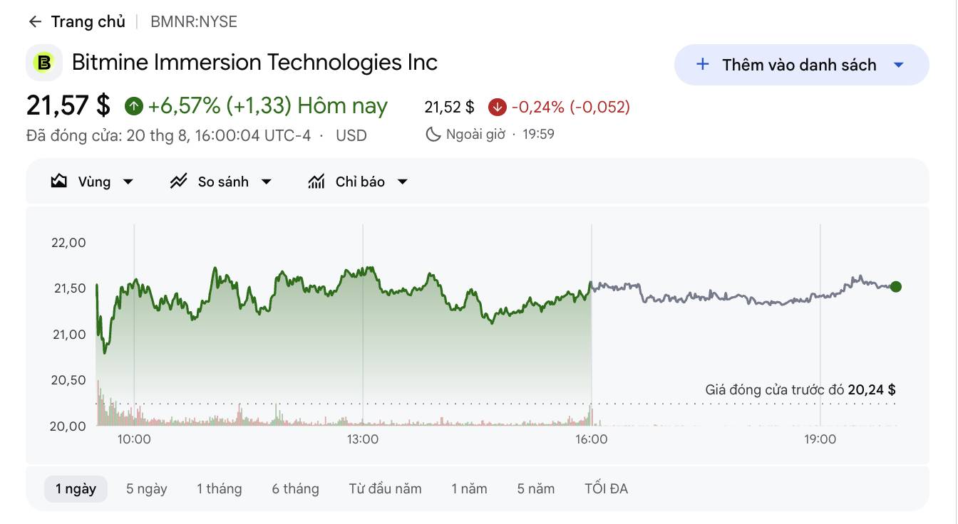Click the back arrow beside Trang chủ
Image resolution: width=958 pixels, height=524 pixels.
35,22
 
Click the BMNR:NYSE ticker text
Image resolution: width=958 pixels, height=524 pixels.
194,22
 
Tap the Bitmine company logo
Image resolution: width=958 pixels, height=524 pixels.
44,63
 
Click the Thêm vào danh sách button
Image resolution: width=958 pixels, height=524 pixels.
801,65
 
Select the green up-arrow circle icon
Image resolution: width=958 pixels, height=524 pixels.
134,106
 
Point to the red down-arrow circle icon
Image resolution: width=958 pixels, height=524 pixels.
498,108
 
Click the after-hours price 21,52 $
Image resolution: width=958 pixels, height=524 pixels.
449,108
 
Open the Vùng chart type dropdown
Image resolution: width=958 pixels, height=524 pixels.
92,182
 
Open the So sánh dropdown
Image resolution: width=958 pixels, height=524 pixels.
221,182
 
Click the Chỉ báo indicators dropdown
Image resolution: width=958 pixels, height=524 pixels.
358,182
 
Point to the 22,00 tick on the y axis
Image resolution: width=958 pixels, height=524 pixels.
68,243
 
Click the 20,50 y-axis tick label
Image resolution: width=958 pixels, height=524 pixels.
68,380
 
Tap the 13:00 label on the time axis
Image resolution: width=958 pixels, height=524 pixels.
363,439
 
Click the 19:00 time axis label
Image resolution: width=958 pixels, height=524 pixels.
820,439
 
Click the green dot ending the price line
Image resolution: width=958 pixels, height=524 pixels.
895,286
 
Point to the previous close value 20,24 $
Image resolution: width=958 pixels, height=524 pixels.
872,389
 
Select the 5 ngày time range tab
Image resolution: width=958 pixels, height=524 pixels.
147,488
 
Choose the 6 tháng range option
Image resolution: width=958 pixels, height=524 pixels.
296,488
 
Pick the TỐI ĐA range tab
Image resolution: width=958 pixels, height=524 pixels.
606,488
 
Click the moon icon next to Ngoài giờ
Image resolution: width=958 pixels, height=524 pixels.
433,135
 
